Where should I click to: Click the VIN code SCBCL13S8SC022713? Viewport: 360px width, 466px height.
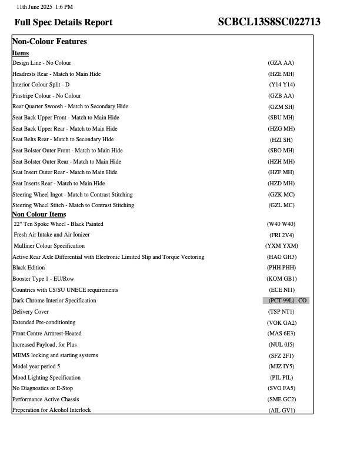269,22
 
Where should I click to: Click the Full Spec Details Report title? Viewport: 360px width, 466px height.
64,22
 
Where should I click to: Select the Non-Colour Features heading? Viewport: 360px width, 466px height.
49,42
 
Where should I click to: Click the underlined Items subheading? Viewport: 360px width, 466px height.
21,53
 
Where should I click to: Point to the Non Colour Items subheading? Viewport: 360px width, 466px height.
39,214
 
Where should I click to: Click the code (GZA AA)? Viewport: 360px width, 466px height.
281,63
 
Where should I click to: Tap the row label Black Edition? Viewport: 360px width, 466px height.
29,268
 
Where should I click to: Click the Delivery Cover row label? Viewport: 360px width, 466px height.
31,312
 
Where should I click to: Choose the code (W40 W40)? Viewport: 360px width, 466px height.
281,224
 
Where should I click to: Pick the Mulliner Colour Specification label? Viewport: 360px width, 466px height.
49,246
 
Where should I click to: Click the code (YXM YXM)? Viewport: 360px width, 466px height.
281,246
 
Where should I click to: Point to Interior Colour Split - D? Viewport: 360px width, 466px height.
41,85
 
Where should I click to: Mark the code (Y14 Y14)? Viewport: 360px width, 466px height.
282,85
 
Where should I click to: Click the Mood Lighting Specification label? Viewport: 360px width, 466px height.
46,378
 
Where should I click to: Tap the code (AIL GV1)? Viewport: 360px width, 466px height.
281,411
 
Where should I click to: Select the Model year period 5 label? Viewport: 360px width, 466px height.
36,367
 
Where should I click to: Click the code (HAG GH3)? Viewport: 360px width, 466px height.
281,257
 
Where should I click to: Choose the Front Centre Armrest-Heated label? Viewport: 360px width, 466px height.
47,334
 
